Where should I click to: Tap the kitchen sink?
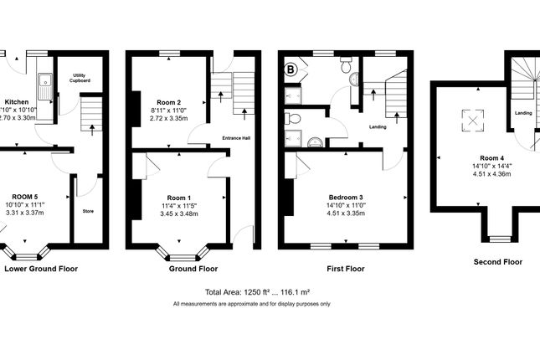44,81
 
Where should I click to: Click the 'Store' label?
88,212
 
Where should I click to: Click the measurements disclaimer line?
252,303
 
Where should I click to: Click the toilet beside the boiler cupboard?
346,64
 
